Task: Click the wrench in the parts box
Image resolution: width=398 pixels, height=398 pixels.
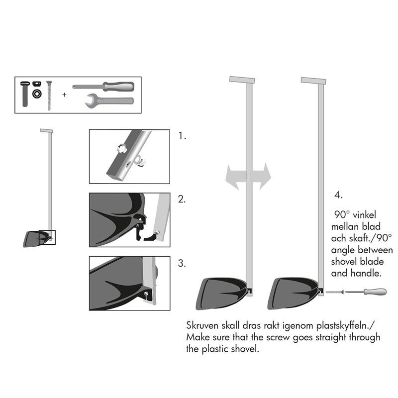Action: (x=109, y=101)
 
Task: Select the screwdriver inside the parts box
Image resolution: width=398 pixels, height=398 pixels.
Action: (x=103, y=87)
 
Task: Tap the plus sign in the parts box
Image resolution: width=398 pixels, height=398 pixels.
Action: (x=64, y=95)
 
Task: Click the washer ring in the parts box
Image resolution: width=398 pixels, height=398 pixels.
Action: (x=37, y=94)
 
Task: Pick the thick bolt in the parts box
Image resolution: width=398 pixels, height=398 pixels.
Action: (x=25, y=94)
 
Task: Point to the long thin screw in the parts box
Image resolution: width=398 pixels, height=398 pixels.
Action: (x=49, y=96)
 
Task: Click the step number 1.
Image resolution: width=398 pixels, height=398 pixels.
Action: (x=182, y=136)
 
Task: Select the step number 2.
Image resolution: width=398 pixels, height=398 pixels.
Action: (x=182, y=199)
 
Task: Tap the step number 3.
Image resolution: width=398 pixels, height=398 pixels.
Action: (x=182, y=263)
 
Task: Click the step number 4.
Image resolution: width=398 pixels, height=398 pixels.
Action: (x=339, y=195)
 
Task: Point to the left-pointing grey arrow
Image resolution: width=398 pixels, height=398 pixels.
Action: (x=236, y=177)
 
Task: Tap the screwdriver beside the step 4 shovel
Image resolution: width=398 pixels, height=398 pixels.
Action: (x=366, y=292)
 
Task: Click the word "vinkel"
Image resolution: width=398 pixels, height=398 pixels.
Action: (x=364, y=215)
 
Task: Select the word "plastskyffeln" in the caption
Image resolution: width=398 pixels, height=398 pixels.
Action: (x=345, y=326)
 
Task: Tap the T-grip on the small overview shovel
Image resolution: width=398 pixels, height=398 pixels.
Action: (x=46, y=131)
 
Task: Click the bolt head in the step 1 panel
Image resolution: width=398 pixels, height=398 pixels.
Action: (x=122, y=148)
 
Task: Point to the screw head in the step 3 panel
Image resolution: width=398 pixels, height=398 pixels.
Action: (x=146, y=295)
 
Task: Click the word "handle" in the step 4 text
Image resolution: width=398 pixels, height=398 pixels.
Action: (x=366, y=273)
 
